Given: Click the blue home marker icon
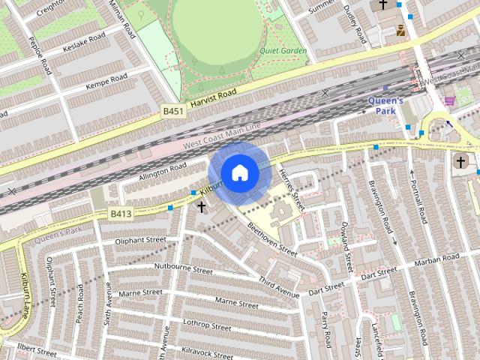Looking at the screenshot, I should point(238,172).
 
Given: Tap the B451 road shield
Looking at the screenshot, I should point(174,111).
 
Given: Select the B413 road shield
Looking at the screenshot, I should point(121,214).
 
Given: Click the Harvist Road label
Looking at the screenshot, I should point(213,97).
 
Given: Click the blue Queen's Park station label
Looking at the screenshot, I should point(386,106).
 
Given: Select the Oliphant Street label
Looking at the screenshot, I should point(140,241).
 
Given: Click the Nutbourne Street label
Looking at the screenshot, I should point(184,267).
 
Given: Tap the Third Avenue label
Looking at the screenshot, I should point(279,286).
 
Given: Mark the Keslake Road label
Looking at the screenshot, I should point(83,39).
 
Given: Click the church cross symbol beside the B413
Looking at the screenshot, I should point(201,205).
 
